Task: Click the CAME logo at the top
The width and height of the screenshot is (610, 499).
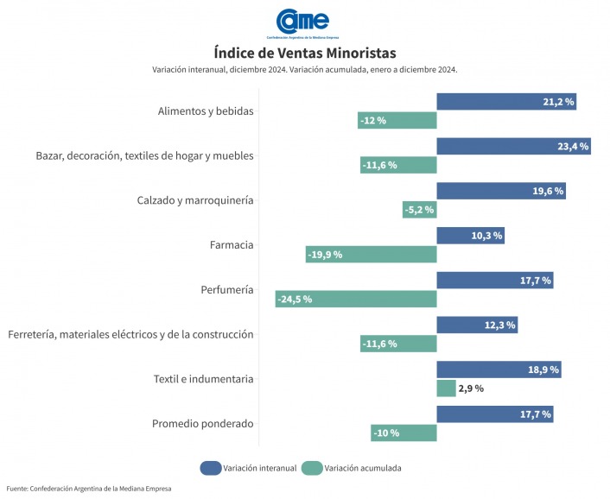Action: coord(302,22)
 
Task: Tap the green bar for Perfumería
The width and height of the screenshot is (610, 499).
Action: coord(356,299)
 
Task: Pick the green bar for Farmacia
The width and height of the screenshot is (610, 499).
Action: coord(372,254)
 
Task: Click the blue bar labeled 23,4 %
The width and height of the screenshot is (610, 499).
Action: coord(513,146)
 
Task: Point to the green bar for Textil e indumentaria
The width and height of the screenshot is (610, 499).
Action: coord(447,388)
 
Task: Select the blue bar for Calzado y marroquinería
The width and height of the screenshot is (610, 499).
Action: coord(501,191)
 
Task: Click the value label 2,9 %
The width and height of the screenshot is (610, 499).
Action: coord(470,388)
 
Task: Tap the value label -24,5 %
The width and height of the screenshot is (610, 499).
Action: coord(295,299)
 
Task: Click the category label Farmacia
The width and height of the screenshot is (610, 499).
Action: coord(232,245)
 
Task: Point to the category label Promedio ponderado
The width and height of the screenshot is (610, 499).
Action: coord(203,424)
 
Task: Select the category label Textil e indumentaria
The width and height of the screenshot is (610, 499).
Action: coord(203,379)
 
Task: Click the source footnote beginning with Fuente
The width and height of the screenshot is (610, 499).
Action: coord(89,490)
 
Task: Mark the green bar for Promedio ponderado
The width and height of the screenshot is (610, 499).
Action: coord(403,433)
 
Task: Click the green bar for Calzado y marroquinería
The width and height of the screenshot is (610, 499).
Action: coord(419,210)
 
